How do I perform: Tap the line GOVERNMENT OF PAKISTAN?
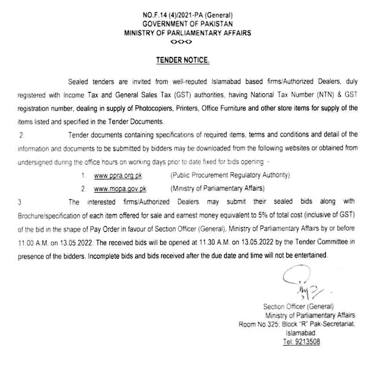(187, 24)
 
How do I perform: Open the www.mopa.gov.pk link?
(114, 189)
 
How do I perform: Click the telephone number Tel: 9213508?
(301, 342)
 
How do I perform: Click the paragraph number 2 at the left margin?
(20, 135)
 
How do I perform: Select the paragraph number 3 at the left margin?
(19, 202)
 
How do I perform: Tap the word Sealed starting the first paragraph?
(78, 82)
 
